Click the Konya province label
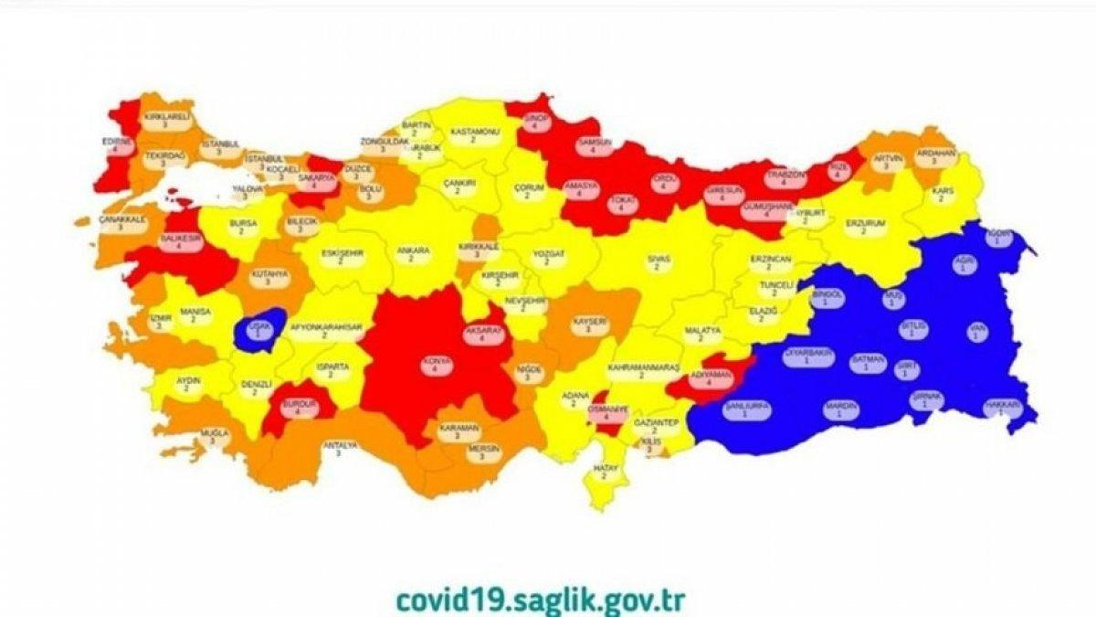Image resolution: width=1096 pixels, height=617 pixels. coord(430,365)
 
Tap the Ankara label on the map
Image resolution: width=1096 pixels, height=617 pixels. coord(406,253)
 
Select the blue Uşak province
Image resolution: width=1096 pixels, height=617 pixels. coord(258,332)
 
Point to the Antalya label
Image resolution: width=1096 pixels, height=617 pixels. coord(339,449)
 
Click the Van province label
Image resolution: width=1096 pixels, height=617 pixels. coord(977,332)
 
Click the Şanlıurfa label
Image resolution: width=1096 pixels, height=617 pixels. coord(747,410)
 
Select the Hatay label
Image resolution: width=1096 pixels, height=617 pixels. coord(609,472)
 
